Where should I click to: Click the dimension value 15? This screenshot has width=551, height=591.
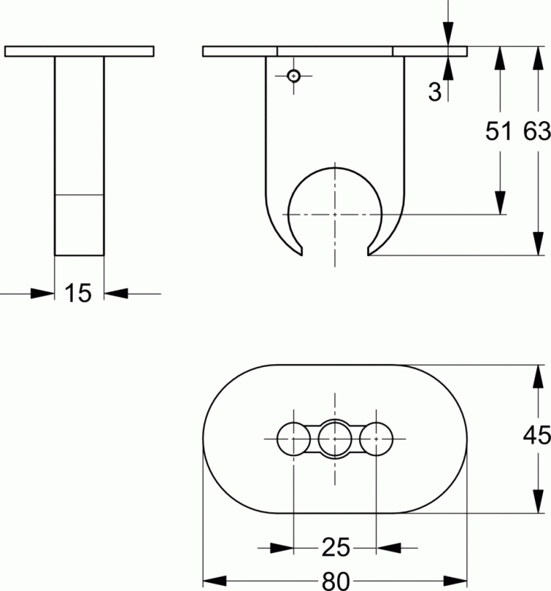pos(78,293)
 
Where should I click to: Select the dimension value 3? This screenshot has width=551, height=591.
pos(434,92)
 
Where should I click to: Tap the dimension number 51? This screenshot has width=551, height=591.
pos(499,131)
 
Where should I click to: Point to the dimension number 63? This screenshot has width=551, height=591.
pos(536,131)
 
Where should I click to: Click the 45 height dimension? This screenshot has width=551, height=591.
pos(536,435)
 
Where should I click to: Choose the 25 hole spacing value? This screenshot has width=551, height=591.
pos(336,547)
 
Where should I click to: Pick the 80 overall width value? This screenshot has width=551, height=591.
pos(336,581)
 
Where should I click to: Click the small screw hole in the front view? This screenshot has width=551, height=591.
pos(294,76)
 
